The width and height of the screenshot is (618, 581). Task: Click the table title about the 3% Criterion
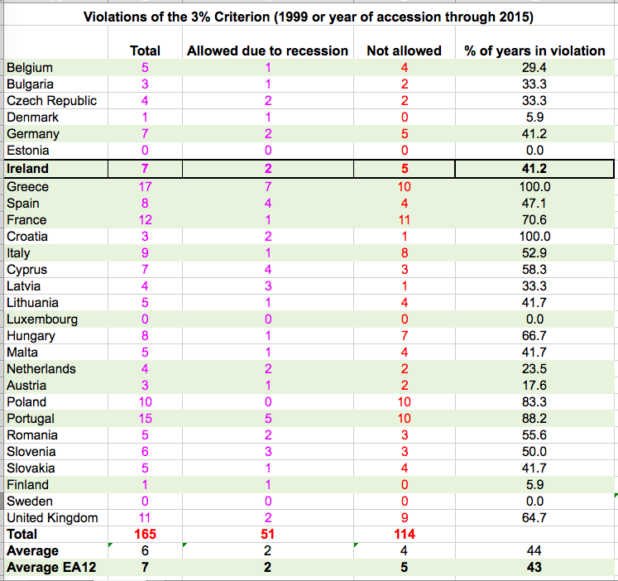[309, 17]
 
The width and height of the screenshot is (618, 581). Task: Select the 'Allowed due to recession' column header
[267, 51]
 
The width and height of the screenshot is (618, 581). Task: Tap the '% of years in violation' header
[534, 51]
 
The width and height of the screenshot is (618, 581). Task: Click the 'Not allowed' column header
[404, 51]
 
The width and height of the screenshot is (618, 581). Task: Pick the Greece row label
[27, 187]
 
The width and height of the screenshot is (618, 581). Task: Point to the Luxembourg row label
[42, 319]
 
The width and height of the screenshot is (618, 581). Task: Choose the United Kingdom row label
[52, 518]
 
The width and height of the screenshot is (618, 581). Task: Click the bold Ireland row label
[27, 169]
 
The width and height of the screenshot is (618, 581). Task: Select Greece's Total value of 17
[146, 187]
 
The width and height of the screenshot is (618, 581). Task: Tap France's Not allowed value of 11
[404, 220]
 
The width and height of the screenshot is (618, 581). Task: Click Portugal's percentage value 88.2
[534, 419]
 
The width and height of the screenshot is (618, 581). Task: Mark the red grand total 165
[146, 535]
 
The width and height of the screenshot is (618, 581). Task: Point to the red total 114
[404, 535]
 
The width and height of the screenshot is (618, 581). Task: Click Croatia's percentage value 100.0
[534, 237]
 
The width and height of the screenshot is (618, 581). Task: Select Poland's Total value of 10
[146, 402]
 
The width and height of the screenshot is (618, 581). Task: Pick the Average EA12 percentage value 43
[534, 568]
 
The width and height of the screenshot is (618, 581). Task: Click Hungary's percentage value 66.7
[534, 336]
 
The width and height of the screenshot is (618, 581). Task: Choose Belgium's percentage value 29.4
[534, 68]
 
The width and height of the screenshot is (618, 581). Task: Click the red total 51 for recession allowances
[267, 535]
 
